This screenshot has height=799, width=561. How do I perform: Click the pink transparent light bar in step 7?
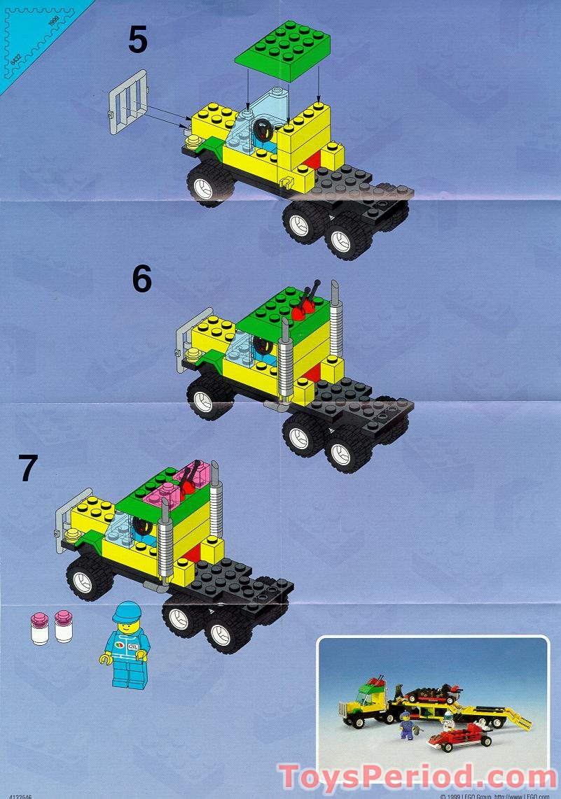click(178, 493)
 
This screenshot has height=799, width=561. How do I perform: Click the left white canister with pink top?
click(39, 627)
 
